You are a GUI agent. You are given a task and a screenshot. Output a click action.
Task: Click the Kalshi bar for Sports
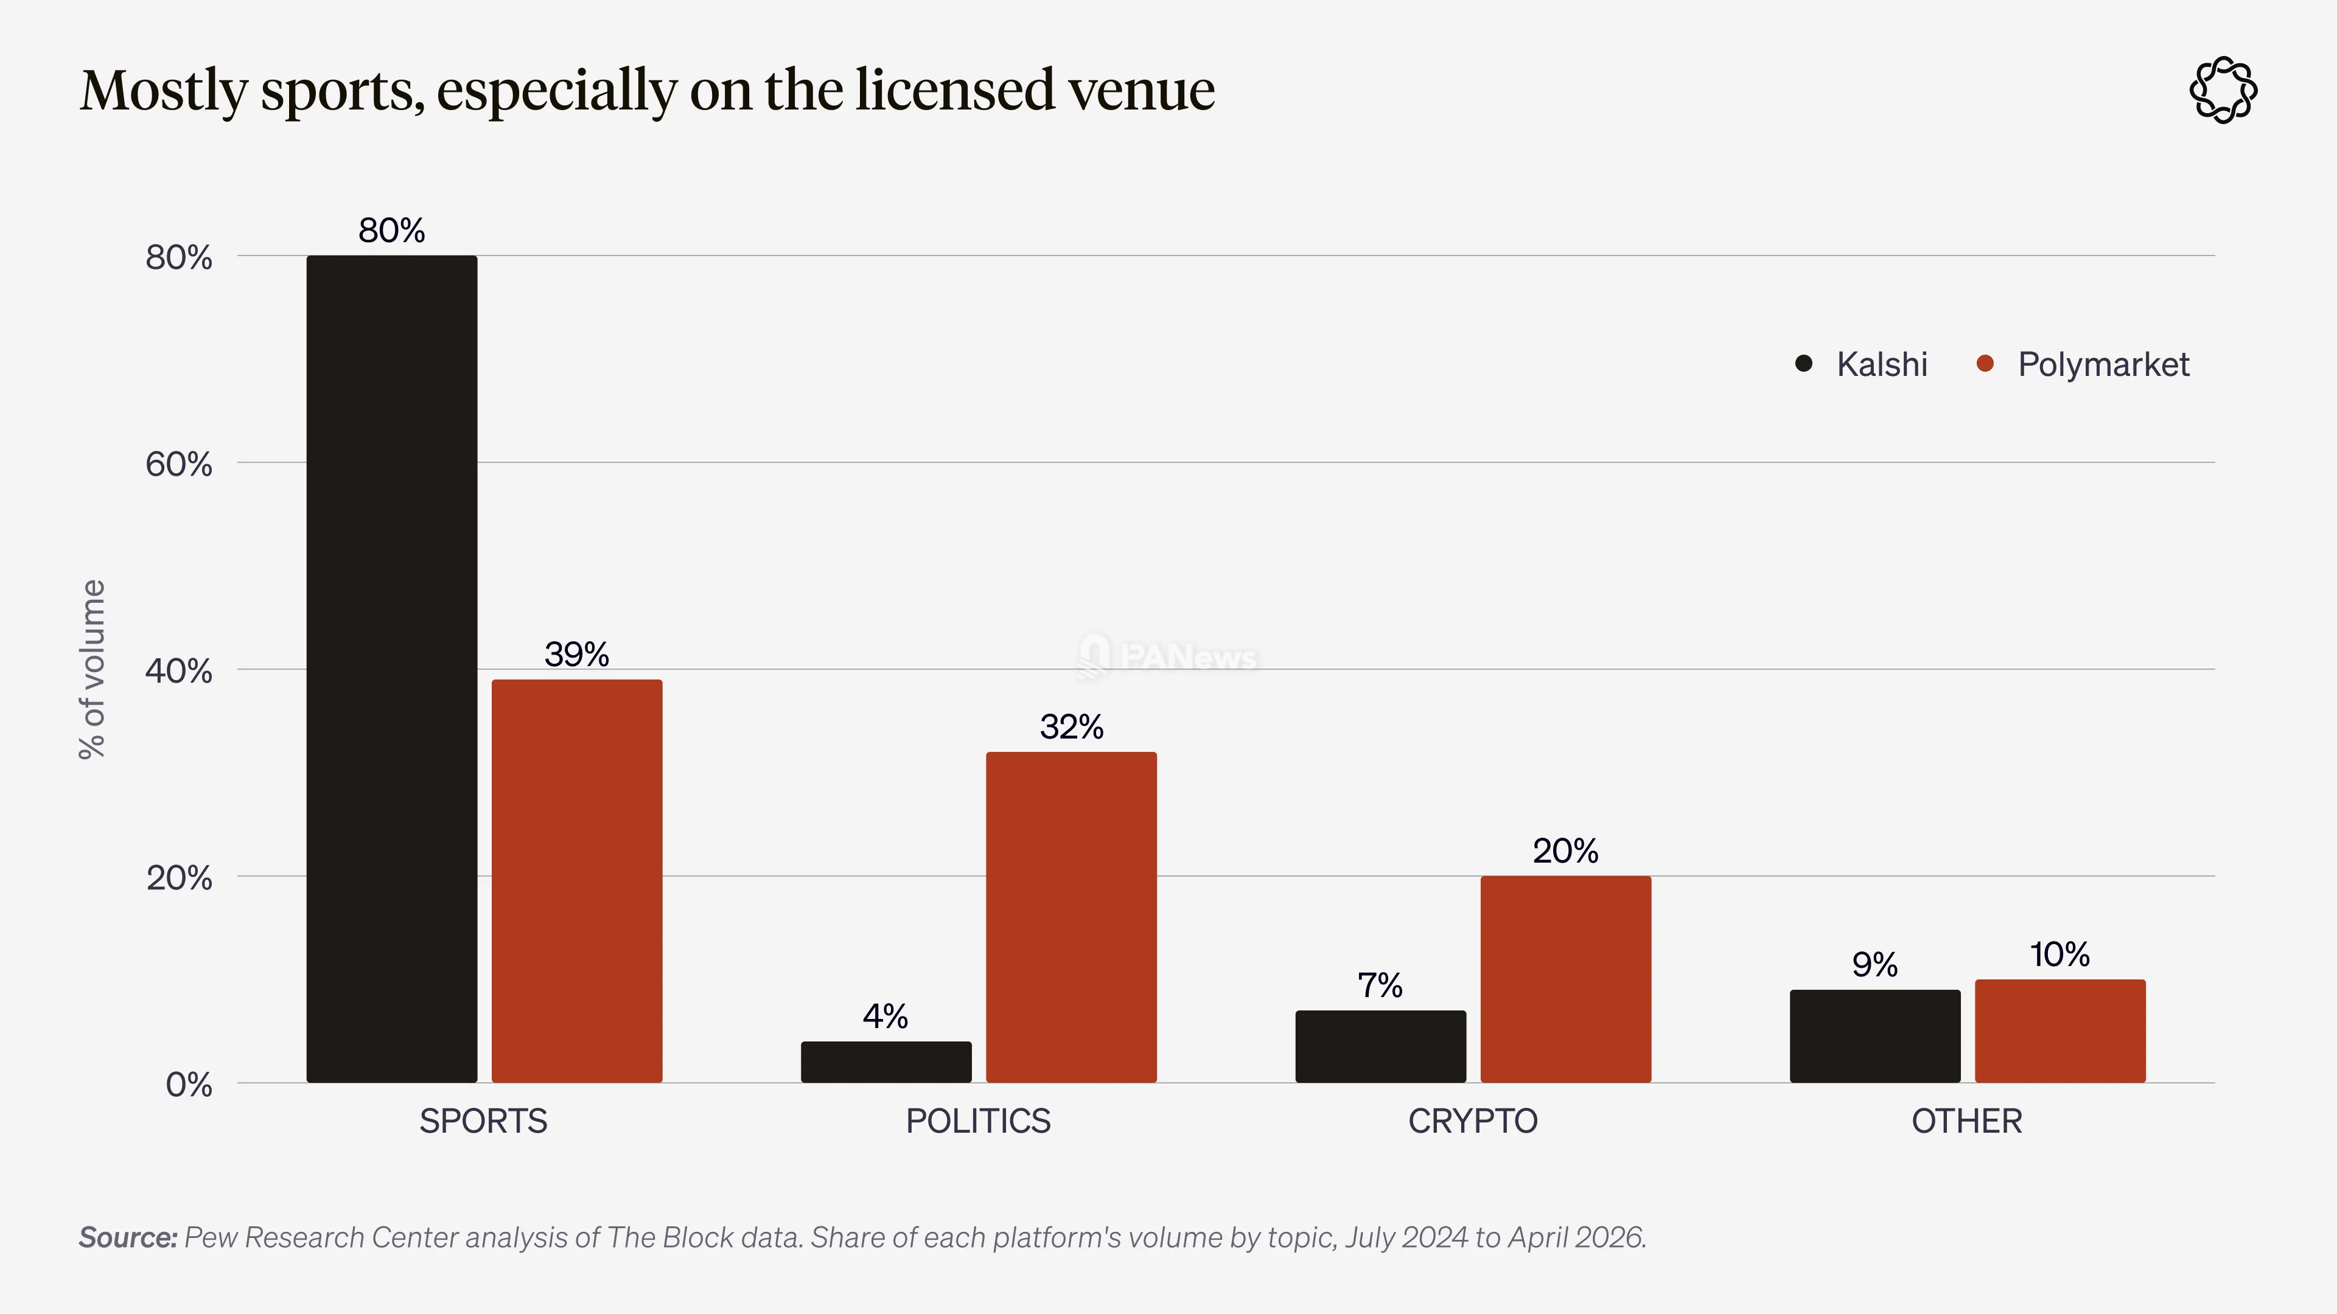392,669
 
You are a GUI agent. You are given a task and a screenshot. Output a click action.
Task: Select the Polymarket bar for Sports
577,880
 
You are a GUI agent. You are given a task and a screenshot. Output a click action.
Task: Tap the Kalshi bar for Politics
886,1062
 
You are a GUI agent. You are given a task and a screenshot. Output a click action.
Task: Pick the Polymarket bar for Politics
1071,917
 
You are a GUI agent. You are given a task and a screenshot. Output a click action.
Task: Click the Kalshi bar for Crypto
1381,1046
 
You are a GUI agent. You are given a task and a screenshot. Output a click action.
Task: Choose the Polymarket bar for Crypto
1566,979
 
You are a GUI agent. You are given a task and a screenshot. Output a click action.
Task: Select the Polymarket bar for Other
2060,1031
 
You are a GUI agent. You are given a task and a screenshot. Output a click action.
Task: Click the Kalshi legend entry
1862,364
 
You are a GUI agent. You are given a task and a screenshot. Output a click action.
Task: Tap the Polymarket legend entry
2083,364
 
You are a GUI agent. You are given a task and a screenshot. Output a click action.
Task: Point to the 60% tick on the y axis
179,464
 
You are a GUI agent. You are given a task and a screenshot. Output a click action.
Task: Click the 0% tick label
189,1085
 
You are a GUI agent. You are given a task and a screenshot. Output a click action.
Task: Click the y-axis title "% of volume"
93,669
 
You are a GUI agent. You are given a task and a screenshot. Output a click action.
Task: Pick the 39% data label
577,654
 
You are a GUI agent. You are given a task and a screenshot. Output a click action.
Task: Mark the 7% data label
1380,985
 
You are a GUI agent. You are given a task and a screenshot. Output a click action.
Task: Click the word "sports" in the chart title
343,92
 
